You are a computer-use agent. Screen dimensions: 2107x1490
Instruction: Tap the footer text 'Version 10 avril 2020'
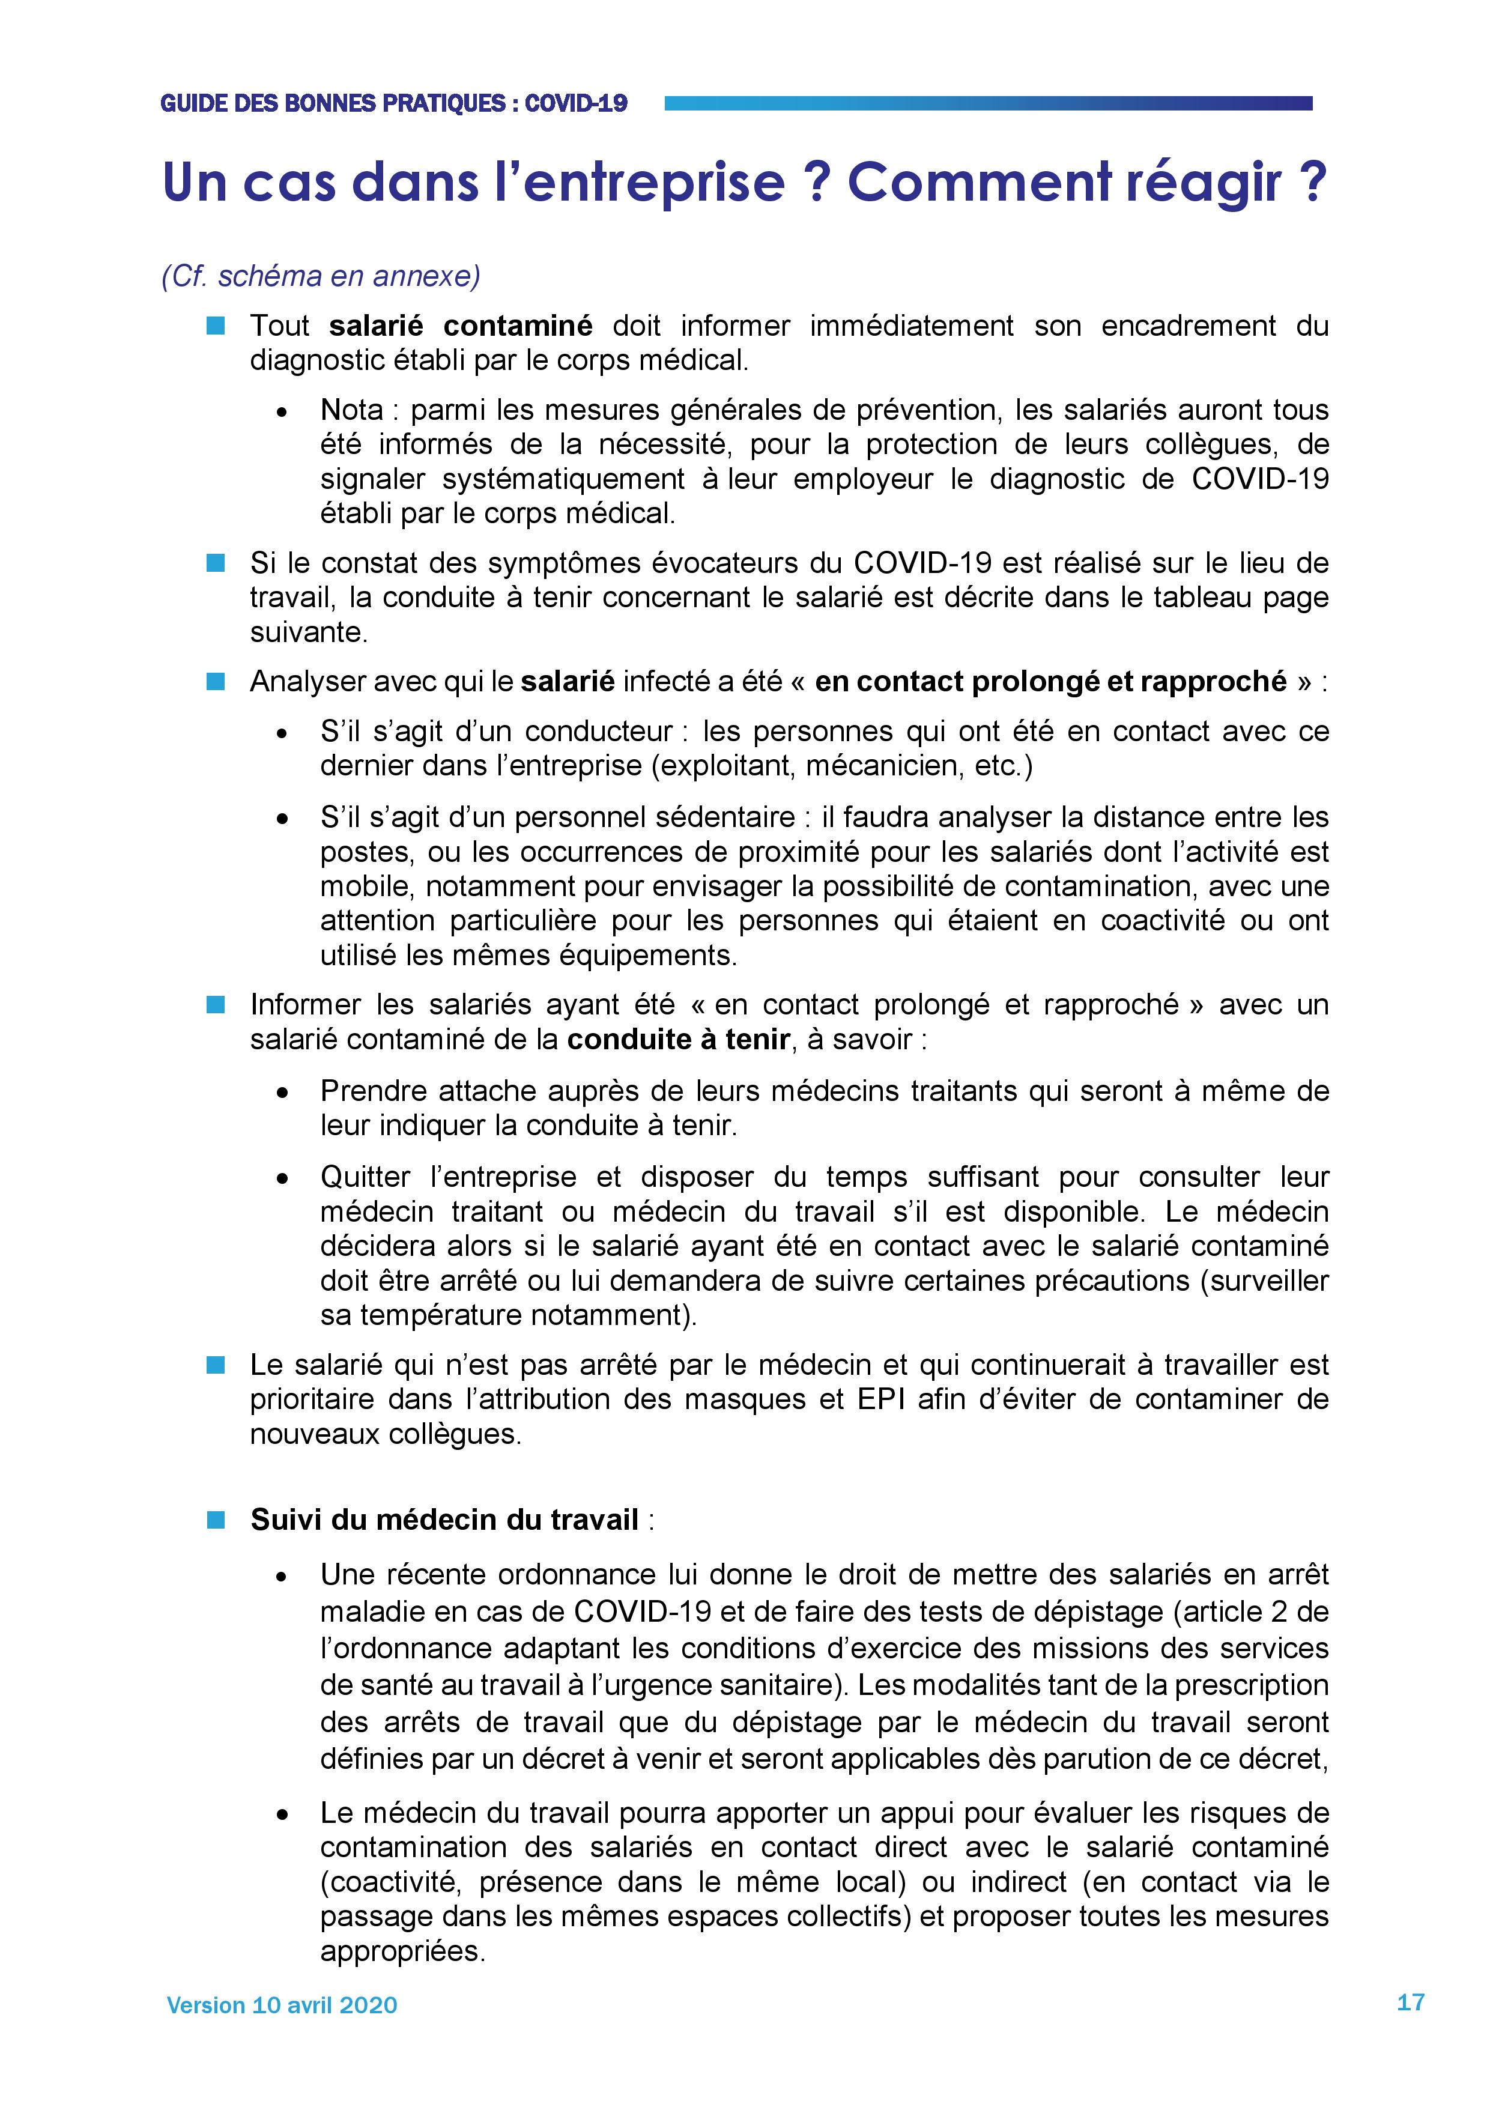click(282, 2005)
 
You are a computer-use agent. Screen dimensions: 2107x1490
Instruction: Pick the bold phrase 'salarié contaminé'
click(461, 326)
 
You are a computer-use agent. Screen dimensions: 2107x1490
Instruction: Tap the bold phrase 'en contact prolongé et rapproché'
click(1050, 682)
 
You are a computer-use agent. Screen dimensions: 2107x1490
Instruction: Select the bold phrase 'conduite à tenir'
click(679, 1040)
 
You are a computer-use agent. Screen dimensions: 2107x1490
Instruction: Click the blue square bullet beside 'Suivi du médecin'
click(216, 1520)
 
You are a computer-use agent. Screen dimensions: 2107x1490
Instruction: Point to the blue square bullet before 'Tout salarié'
click(216, 326)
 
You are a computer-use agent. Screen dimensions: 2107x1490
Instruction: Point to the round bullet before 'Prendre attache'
click(283, 1092)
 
